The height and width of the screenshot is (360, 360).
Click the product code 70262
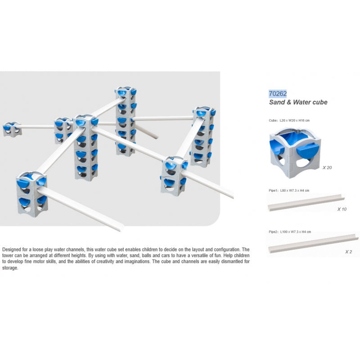(278, 94)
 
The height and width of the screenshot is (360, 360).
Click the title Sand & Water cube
(298, 102)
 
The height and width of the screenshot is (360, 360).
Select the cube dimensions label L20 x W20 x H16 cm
(295, 120)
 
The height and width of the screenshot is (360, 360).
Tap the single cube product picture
(295, 153)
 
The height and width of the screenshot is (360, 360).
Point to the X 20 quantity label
(327, 167)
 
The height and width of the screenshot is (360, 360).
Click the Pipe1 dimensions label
(289, 190)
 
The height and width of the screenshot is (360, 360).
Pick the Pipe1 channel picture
(306, 203)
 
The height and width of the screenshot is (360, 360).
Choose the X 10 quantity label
(342, 209)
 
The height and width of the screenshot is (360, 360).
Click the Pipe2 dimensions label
(290, 232)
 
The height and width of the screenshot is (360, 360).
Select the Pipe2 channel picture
(313, 243)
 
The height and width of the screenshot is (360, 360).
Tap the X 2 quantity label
(348, 252)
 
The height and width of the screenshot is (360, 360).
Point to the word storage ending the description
(10, 268)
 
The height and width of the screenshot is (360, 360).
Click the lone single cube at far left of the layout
(12, 130)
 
